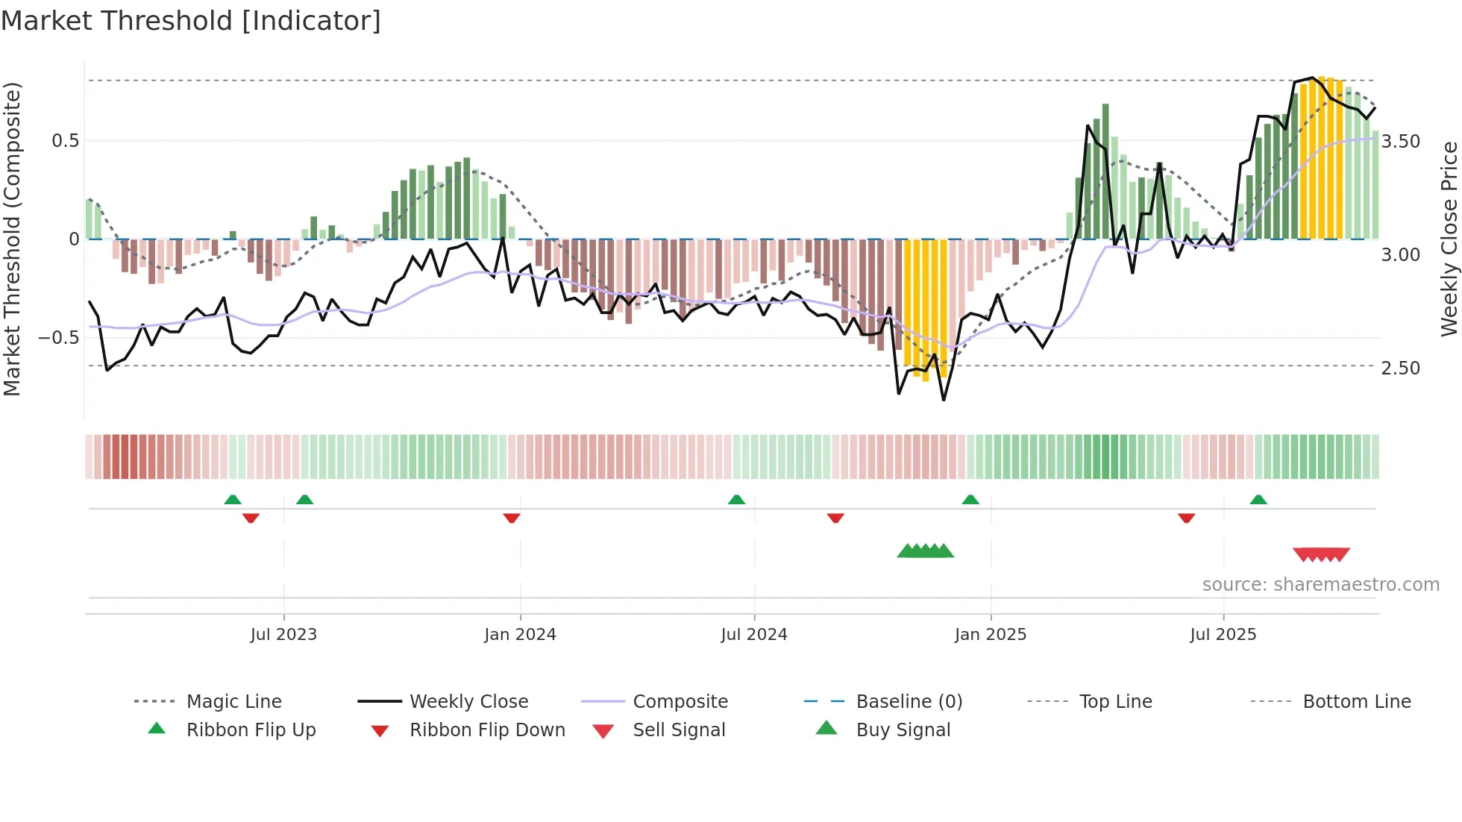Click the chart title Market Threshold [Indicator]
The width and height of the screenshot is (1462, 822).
(191, 21)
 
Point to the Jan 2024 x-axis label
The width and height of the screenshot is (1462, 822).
(520, 635)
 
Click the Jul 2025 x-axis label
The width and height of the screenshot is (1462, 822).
(1223, 635)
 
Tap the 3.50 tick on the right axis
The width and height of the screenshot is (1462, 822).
(1400, 142)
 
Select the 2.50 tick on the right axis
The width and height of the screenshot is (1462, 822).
(1400, 368)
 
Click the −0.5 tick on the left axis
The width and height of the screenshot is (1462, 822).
(59, 337)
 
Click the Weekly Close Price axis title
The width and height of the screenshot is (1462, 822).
(1449, 239)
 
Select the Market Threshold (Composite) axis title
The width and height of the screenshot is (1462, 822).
(12, 239)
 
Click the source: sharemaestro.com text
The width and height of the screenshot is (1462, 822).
(1320, 585)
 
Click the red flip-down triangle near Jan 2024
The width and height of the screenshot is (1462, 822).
(512, 518)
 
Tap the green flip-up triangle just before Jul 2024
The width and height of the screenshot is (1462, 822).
(736, 500)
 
